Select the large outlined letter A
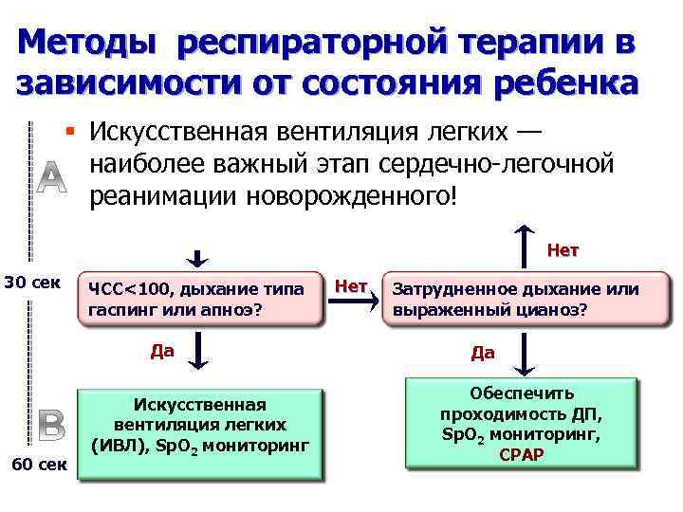click(53, 176)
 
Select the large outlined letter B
click(51, 426)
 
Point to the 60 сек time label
click(37, 465)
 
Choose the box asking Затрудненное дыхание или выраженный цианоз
click(515, 299)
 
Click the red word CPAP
click(521, 454)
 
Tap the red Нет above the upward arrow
click(563, 251)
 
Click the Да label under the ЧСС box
click(162, 350)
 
